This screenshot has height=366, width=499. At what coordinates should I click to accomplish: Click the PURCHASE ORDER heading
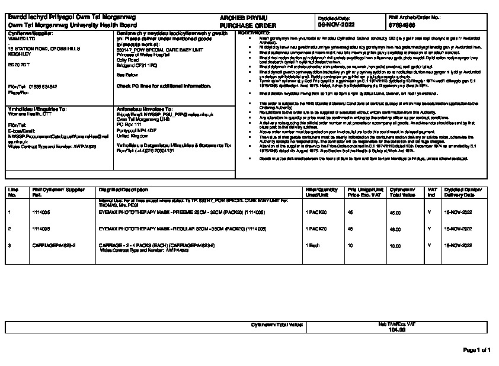(x=242, y=26)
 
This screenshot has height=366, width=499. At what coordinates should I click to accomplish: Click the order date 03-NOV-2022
(x=335, y=26)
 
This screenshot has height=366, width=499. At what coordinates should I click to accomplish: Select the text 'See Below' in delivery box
(x=128, y=76)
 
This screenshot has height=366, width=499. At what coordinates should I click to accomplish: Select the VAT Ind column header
(x=433, y=192)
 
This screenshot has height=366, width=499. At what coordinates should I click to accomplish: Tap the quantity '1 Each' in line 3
(x=313, y=245)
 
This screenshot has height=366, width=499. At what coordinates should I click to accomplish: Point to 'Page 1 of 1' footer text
(x=476, y=350)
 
